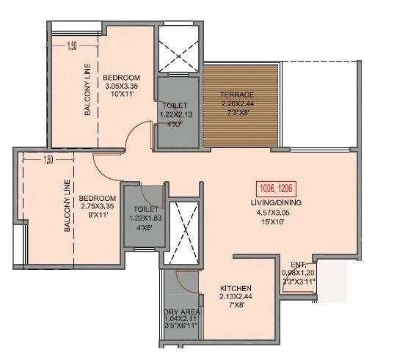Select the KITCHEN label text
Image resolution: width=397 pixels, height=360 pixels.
pos(236,288)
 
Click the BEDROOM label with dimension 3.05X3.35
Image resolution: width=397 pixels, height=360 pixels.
pos(122,77)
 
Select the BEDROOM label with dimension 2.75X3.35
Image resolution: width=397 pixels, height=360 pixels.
pos(98,199)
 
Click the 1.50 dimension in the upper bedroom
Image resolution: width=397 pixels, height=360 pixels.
pos(72,46)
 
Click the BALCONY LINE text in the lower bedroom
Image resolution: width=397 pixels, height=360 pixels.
pos(67,207)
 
